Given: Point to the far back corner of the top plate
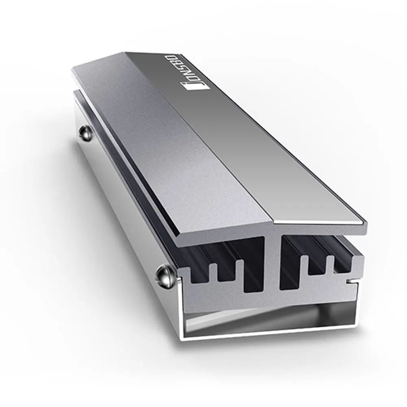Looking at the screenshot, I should [126, 53].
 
